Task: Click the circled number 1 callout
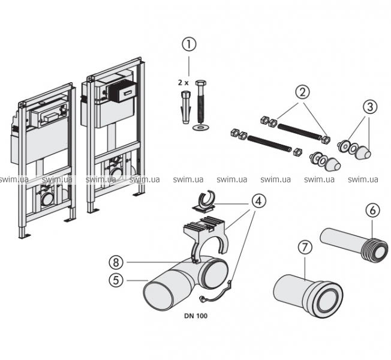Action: [x=189, y=44]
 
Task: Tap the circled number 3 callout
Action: [x=370, y=108]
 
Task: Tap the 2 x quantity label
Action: [x=182, y=81]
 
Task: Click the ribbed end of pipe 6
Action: [x=375, y=248]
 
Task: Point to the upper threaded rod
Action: [x=296, y=131]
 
